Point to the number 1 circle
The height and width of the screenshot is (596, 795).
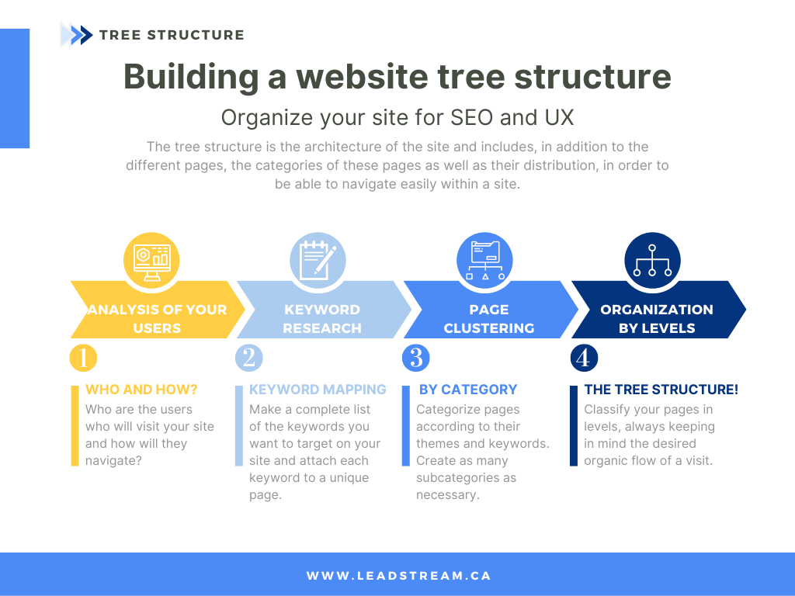(82, 358)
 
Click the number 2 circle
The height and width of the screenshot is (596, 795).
(248, 358)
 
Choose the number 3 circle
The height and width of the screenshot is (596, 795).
(415, 358)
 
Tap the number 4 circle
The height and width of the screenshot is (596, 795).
(583, 358)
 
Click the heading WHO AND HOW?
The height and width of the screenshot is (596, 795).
(141, 390)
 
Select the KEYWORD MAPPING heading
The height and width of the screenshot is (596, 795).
(318, 390)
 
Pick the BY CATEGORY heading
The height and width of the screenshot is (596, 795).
(468, 390)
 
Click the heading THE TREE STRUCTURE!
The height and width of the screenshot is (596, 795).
(661, 390)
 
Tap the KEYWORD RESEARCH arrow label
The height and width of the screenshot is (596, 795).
(321, 319)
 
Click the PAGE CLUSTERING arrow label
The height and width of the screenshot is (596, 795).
(488, 319)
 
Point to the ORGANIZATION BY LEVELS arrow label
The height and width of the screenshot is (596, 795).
(656, 319)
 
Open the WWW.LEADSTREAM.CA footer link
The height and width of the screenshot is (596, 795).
(398, 576)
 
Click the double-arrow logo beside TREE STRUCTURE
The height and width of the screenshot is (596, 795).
(76, 35)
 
